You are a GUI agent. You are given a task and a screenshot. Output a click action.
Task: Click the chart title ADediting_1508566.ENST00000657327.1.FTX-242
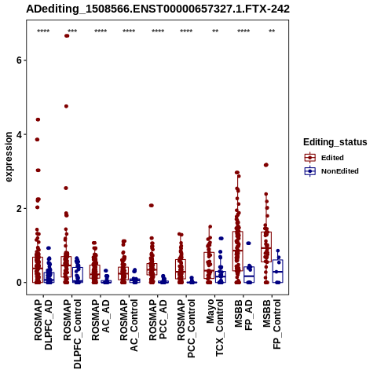click(158, 9)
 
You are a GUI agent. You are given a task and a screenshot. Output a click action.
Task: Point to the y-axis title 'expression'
click(9, 157)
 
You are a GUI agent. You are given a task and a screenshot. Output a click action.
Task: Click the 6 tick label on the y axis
click(19, 60)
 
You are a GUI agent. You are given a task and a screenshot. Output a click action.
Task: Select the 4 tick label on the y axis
click(19, 134)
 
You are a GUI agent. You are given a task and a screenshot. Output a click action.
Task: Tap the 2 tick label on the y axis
click(19, 209)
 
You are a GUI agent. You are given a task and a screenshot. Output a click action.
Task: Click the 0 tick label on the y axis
click(19, 283)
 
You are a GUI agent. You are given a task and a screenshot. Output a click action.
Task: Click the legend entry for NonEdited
click(331, 171)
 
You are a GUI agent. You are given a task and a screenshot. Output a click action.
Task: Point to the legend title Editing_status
click(335, 142)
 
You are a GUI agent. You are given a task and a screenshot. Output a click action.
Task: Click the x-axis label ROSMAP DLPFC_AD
click(43, 324)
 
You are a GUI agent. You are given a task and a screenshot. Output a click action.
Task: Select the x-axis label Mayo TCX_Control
click(214, 328)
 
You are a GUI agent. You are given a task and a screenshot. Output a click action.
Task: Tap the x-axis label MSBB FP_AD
click(243, 315)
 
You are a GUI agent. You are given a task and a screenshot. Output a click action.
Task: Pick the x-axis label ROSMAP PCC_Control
click(186, 328)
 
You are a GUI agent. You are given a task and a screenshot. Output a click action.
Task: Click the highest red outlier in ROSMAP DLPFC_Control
click(67, 36)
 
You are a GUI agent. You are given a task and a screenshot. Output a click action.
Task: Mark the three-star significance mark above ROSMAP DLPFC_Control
click(72, 31)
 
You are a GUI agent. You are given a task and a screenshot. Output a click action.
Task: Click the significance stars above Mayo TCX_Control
click(215, 31)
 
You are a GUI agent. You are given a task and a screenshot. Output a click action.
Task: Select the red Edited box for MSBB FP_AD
click(238, 251)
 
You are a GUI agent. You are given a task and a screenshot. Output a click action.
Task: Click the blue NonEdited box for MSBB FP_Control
click(278, 271)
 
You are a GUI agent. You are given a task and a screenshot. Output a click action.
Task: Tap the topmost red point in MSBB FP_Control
click(266, 165)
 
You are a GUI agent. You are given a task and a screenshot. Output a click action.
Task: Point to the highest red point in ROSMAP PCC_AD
click(152, 206)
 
